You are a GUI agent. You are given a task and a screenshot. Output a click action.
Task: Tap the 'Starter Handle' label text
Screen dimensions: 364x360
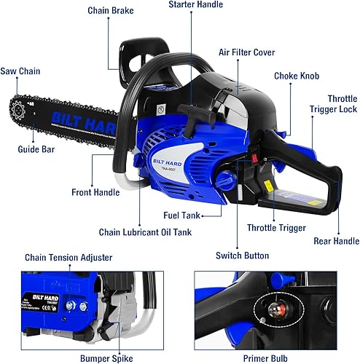coord(195,4)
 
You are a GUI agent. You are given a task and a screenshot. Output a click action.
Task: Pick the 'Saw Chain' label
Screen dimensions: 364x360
coord(20,71)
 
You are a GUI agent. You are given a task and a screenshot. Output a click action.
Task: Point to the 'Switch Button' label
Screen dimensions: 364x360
coord(243,256)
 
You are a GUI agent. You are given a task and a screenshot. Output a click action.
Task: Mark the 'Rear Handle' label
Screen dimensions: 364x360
coord(336,241)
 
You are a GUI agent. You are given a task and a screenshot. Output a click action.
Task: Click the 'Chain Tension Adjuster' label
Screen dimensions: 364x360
coord(69,257)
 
